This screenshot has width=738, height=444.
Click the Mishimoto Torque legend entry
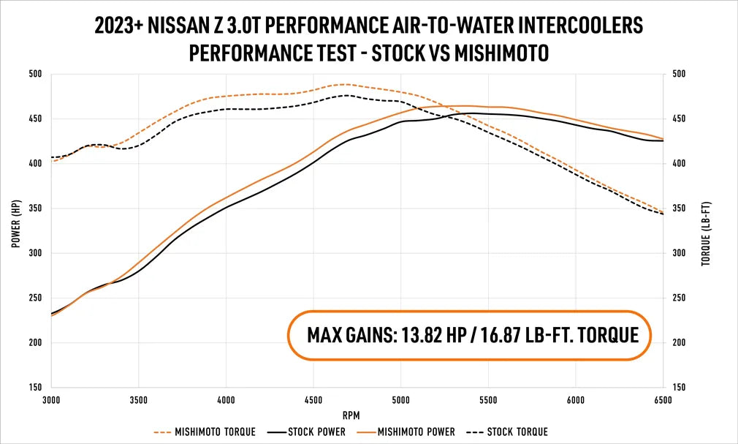[x=216, y=432]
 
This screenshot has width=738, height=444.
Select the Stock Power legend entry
[x=316, y=432]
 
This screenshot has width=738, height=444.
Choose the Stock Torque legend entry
[x=517, y=432]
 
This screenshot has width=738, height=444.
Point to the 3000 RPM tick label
[x=52, y=400]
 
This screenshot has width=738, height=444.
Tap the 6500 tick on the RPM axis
[x=663, y=400]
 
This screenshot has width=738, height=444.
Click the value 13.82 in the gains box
[x=423, y=335]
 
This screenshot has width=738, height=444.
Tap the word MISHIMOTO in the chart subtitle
[x=495, y=53]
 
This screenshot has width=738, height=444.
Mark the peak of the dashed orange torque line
[x=346, y=84]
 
